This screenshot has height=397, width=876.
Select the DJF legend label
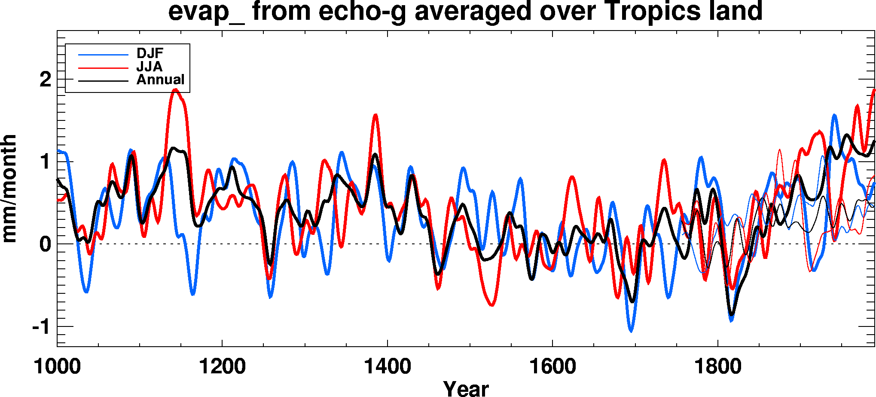tap(150, 53)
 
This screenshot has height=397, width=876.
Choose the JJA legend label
tap(149, 67)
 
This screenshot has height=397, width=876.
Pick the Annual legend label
tap(160, 80)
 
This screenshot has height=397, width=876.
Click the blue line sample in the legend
tap(103, 55)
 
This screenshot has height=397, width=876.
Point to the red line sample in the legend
tap(103, 68)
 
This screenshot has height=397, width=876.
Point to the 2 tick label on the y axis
tap(46, 80)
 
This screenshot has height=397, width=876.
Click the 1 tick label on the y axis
tap(46, 162)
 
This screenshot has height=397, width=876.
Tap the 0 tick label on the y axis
tap(46, 244)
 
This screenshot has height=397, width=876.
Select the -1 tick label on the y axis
tap(42, 327)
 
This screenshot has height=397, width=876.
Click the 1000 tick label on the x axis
tap(57, 367)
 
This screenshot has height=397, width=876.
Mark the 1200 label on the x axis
tap(222, 367)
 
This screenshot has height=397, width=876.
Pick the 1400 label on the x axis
tap(387, 367)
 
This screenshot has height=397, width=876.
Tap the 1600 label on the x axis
tap(552, 367)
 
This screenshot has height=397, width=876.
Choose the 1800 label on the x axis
tap(717, 367)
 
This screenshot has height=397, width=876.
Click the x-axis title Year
tap(466, 388)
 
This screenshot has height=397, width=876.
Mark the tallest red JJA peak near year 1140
tap(175, 89)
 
